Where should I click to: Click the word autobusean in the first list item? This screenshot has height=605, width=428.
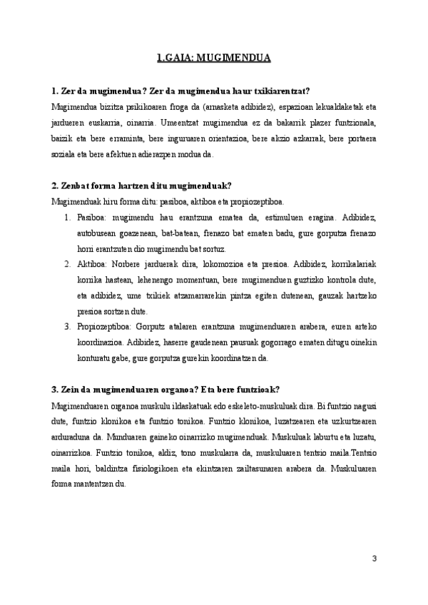[x=97, y=233]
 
